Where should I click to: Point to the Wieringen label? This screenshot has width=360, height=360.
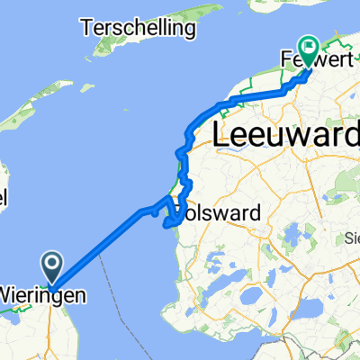coord(43,294)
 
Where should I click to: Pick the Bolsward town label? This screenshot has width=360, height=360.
coord(220,213)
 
